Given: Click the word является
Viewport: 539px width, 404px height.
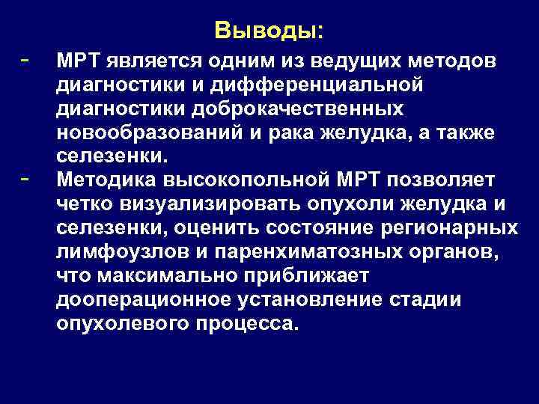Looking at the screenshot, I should (x=150, y=60).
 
